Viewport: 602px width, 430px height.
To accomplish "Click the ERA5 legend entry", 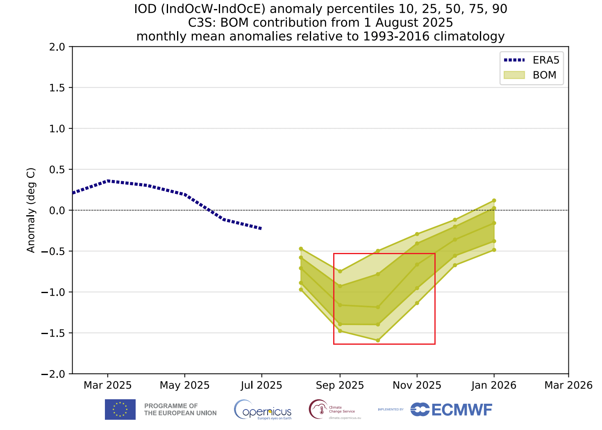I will coord(531,60).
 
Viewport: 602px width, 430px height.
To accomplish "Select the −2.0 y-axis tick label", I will coord(53,374).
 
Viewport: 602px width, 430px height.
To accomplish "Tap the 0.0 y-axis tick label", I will coord(57,210).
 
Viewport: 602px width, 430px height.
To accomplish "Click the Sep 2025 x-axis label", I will coord(340,385).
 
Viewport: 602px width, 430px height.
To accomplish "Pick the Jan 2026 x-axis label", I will coord(494,385).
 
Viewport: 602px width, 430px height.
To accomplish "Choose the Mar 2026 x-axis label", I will coord(568,385).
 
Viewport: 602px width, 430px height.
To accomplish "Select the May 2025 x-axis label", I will coord(185,385).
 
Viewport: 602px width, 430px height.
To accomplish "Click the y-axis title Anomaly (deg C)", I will coord(31,210).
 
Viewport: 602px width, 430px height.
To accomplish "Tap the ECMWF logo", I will coord(451,410).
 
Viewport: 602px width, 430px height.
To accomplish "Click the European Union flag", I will coord(120,410).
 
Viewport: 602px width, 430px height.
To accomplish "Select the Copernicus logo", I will coord(263,410).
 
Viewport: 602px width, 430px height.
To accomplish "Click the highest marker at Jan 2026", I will coord(494,200).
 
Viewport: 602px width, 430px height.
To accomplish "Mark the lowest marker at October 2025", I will coord(378,340).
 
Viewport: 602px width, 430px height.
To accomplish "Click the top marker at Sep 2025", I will coord(340,271).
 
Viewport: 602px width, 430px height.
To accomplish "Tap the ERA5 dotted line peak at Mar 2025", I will coord(108,180).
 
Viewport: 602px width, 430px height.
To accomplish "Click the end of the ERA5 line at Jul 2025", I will coord(261,228).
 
